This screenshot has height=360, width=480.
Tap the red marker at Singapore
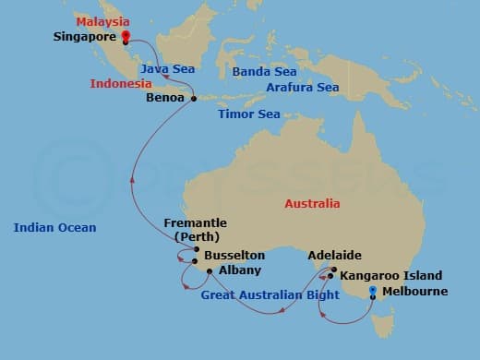click(x=126, y=38)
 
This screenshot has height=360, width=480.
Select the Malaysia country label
click(x=102, y=21)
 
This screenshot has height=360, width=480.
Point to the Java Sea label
click(x=164, y=69)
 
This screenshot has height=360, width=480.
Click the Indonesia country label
click(x=121, y=84)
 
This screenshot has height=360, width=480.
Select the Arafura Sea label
click(x=303, y=88)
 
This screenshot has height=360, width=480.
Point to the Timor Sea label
click(x=247, y=114)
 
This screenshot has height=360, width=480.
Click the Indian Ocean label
click(x=54, y=227)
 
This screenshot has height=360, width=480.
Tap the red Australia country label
click(x=312, y=203)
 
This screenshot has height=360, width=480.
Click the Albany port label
click(x=240, y=270)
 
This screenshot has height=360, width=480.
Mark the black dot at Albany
click(x=210, y=270)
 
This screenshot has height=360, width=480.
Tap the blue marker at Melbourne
click(x=372, y=292)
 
